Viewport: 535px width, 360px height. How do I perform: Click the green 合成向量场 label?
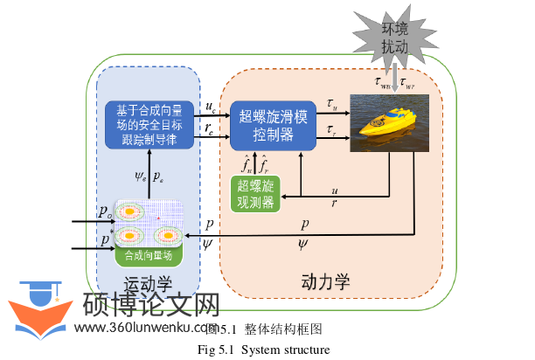tap(149, 257)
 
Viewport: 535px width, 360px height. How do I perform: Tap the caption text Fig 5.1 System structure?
tap(263, 350)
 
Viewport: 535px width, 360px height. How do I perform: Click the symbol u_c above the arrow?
tap(210, 108)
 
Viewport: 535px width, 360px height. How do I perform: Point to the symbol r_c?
tap(209, 128)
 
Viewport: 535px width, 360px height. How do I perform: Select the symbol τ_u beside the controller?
tap(330, 105)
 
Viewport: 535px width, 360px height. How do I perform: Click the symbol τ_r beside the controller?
tap(330, 131)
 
